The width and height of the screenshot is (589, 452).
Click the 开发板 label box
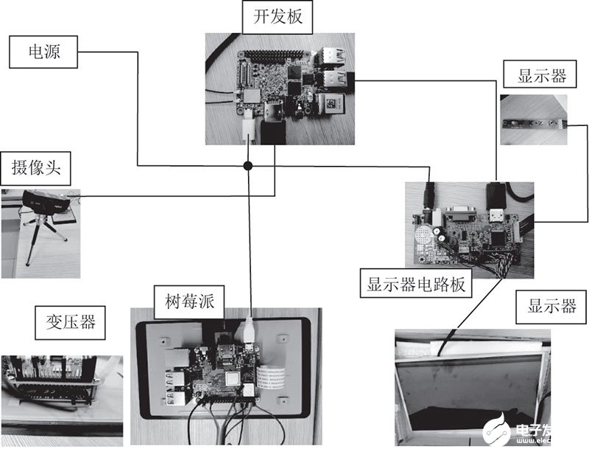click(x=278, y=17)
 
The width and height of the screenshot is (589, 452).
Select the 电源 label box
click(x=43, y=52)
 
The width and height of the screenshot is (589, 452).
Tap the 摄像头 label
click(x=35, y=168)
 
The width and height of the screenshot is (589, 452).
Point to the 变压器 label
click(x=70, y=322)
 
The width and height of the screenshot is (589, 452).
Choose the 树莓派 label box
click(x=189, y=302)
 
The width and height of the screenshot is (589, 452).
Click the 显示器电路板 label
click(x=416, y=283)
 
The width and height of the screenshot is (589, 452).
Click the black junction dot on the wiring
click(x=248, y=166)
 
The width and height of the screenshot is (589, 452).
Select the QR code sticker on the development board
click(x=332, y=103)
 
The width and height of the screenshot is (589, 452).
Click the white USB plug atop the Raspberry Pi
click(x=247, y=330)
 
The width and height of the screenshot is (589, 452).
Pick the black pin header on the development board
click(x=278, y=56)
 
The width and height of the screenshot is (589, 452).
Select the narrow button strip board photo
click(x=533, y=119)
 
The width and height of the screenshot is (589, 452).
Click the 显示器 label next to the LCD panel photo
click(x=551, y=307)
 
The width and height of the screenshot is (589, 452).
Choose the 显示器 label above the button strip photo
click(x=540, y=76)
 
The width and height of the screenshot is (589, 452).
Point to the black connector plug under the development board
click(x=273, y=132)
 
